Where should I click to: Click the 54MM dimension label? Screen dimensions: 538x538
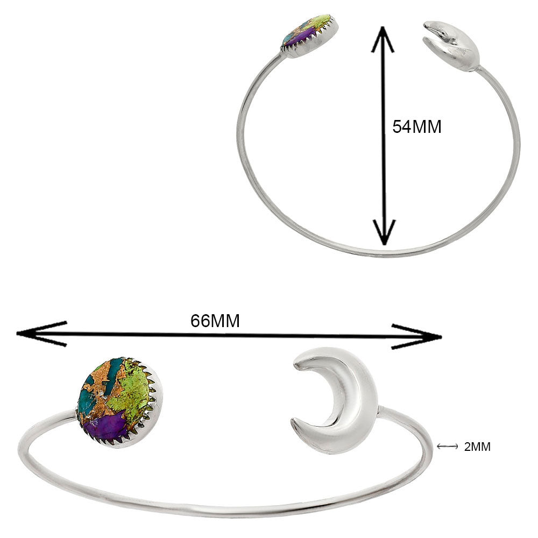(417, 127)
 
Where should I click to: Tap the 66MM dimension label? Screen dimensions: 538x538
(215, 321)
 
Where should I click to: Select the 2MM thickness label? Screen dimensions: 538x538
(477, 446)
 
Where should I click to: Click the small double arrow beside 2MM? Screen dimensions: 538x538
(447, 446)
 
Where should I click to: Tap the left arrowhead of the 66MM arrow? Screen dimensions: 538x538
(38, 334)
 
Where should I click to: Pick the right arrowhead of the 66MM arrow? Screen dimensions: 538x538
(420, 337)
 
